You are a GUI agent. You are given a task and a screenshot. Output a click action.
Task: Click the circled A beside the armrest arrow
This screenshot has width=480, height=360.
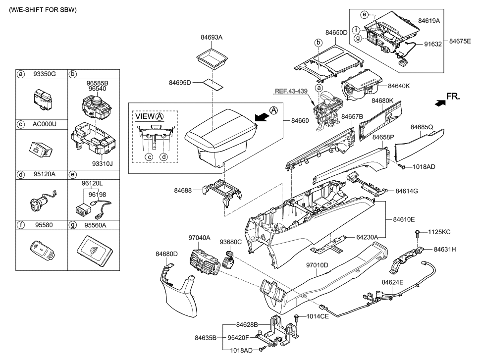[273, 110]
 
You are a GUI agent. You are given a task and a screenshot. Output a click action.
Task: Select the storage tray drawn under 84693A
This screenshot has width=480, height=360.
[212, 58]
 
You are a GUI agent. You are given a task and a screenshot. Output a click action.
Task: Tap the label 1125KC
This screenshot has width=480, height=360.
[439, 232]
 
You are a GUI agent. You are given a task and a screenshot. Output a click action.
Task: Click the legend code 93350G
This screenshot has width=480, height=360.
[43, 74]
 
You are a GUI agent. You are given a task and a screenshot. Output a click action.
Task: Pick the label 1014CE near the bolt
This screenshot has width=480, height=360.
[317, 316]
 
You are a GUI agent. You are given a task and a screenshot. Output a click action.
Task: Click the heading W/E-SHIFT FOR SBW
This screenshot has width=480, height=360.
[40, 10]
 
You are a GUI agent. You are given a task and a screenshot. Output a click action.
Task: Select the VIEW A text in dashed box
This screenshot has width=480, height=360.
[149, 117]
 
